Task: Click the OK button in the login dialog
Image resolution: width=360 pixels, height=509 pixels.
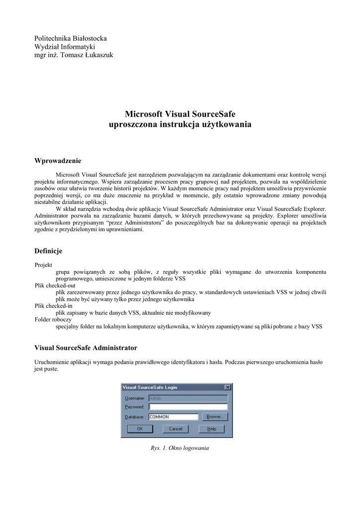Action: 140,428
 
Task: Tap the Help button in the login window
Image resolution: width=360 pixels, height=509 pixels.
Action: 211,428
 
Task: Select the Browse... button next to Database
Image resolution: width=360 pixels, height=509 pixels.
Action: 214,417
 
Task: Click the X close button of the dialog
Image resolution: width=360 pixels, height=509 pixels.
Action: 228,387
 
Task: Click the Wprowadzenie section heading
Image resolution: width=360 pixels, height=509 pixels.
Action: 57,161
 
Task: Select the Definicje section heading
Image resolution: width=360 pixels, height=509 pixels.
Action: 48,251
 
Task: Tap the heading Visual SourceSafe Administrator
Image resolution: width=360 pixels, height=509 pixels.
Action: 86,347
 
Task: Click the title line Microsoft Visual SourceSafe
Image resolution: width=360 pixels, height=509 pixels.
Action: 180,114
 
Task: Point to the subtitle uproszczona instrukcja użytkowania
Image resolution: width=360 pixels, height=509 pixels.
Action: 180,124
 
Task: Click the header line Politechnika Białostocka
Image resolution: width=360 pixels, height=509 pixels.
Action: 70,38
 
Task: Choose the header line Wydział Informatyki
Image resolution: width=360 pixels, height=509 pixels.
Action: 65,47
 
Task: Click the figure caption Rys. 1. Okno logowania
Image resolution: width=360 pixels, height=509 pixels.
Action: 180,448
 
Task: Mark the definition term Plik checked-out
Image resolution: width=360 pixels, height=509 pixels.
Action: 55,286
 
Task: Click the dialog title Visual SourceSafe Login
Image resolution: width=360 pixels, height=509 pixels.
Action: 150,387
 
